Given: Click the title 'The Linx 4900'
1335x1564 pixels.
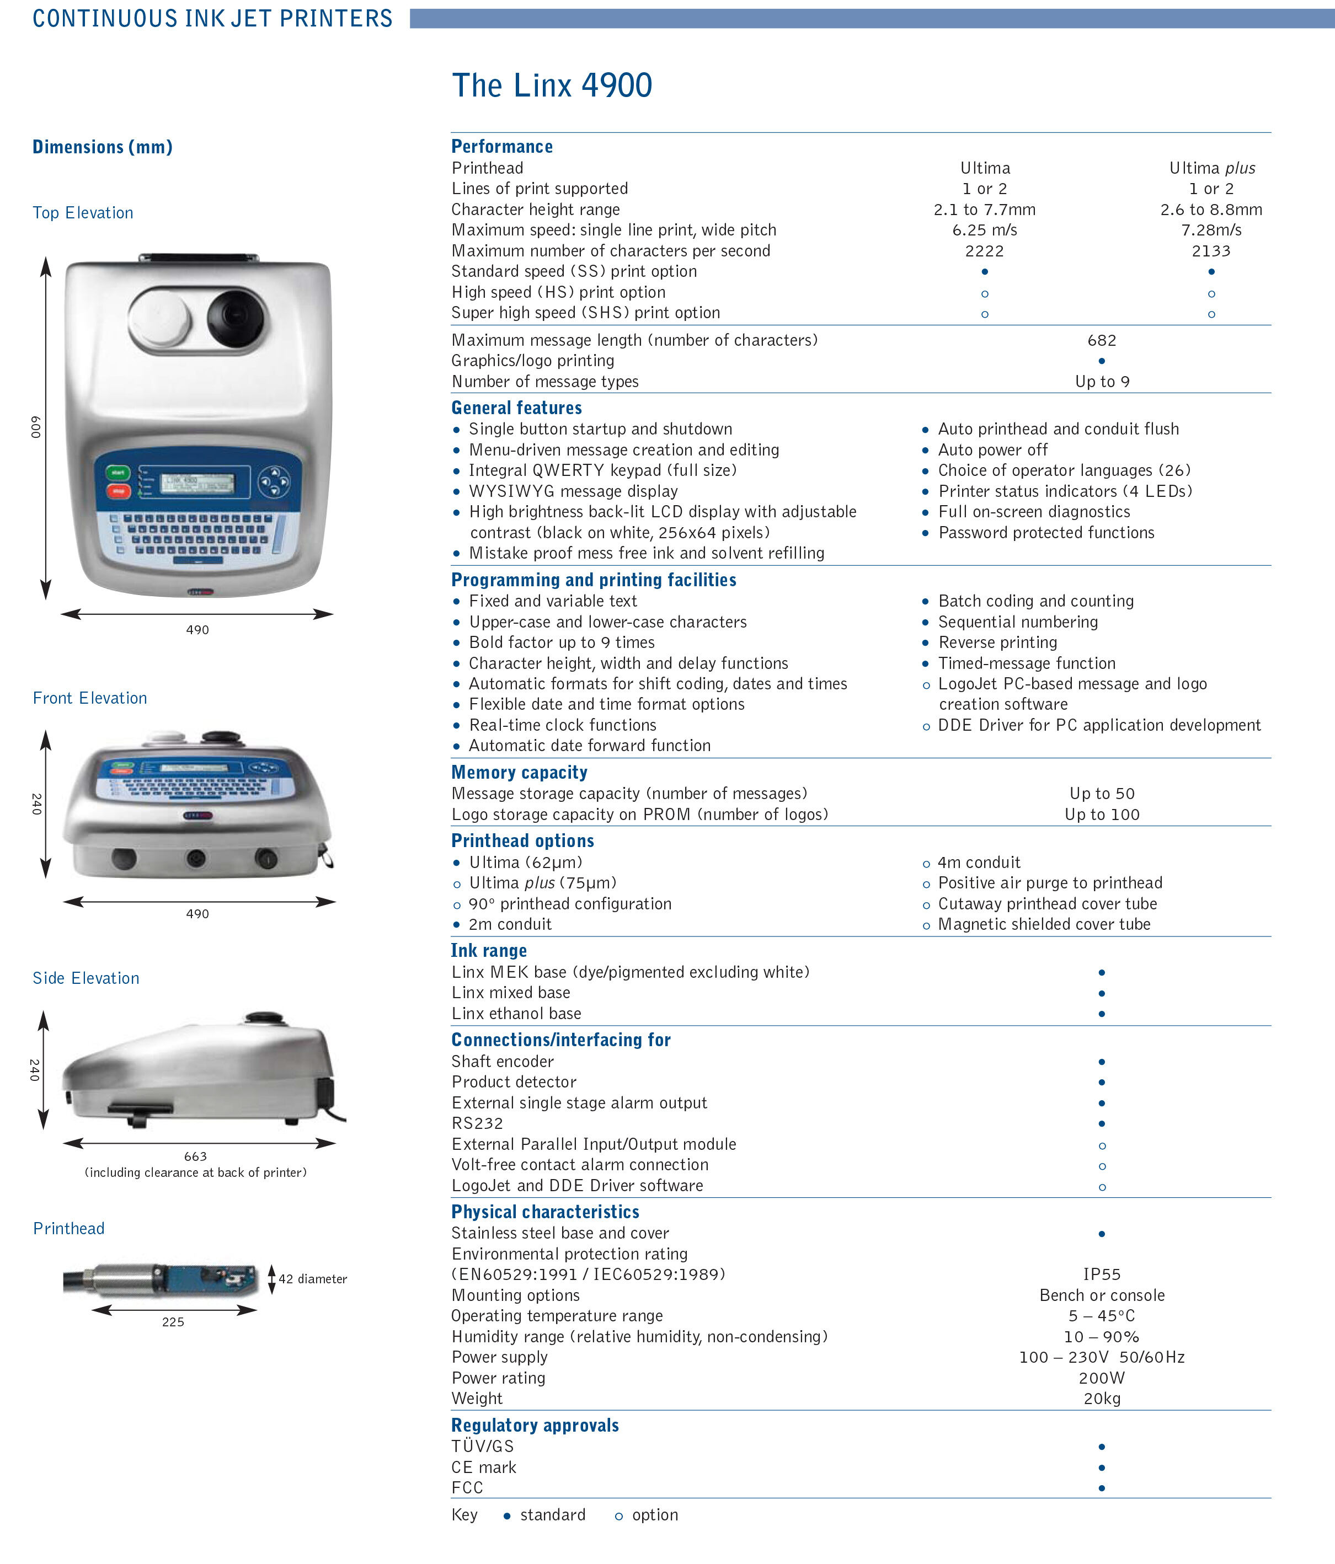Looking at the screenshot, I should click(552, 85).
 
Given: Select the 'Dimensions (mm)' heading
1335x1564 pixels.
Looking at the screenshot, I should click(103, 147).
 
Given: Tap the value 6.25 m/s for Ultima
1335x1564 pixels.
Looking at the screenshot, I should click(984, 230).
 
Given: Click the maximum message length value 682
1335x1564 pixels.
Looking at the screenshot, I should click(1102, 340).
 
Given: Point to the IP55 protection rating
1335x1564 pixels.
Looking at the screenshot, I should click(1102, 1274).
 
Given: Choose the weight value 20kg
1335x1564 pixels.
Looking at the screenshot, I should click(1102, 1399).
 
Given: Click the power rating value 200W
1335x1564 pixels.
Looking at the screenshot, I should click(1102, 1378).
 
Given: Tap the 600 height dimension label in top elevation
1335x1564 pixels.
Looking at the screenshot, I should click(35, 427).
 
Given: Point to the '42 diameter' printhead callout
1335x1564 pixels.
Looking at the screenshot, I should click(313, 1279).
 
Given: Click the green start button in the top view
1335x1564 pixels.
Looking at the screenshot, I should click(118, 473).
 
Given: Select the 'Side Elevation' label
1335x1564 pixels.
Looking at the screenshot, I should click(86, 978).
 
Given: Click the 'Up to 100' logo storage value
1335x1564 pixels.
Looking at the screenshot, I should click(1102, 815).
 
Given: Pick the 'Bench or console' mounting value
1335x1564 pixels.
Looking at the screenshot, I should click(1102, 1295).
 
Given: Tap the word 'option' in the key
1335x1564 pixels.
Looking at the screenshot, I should click(655, 1515).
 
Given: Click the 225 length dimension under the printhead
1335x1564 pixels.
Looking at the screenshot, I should click(173, 1322).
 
